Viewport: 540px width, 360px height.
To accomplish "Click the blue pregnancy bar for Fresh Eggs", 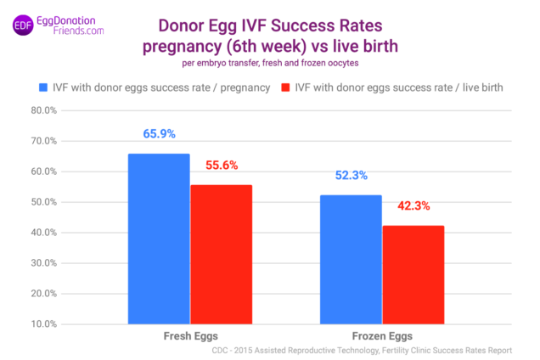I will (x=159, y=239).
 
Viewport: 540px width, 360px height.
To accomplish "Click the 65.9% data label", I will (x=158, y=135).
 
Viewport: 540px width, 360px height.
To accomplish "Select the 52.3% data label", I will (x=350, y=177).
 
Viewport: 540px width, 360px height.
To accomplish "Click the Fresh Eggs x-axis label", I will (x=190, y=336).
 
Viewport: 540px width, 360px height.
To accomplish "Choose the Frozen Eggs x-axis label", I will (x=382, y=336).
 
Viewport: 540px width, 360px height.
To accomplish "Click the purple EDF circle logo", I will (x=22, y=25).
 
